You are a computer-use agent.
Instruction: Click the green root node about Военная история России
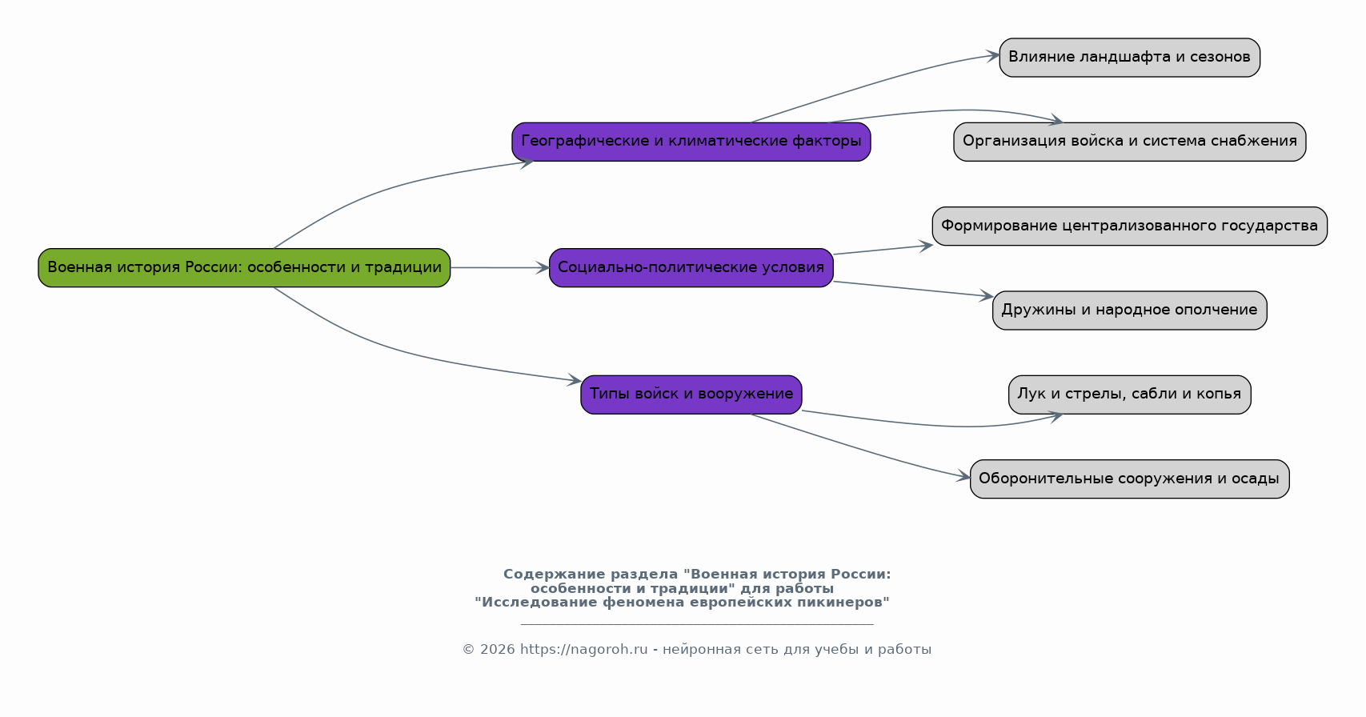pos(244,267)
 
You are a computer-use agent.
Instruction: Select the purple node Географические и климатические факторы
pos(691,142)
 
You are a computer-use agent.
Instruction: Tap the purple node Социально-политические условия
pos(691,267)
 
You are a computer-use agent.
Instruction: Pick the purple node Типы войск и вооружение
pos(691,395)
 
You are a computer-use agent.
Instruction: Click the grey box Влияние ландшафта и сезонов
pos(1129,58)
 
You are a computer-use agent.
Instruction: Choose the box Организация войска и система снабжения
pos(1129,142)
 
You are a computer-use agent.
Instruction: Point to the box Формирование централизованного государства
pos(1129,226)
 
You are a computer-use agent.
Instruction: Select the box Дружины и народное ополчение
pos(1129,310)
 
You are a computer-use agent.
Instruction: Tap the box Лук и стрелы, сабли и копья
pos(1129,395)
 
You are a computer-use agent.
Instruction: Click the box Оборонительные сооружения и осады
pos(1129,479)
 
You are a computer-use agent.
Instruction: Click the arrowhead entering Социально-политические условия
pos(543,267)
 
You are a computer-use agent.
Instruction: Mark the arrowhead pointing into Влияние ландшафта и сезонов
pos(993,56)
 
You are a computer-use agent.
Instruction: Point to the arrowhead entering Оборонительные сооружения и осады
pos(963,476)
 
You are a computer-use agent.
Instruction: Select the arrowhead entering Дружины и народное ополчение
pos(986,296)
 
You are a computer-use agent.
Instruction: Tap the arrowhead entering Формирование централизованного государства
pos(926,246)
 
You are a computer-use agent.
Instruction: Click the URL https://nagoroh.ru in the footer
pos(583,649)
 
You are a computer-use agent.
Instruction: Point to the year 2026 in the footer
pos(497,649)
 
